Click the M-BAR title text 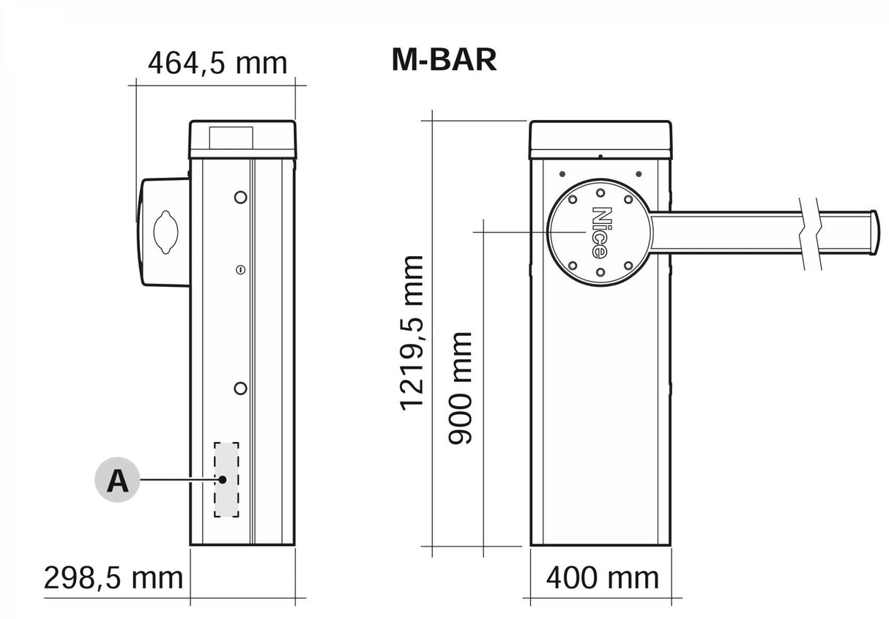click(x=444, y=60)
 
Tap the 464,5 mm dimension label click(x=217, y=63)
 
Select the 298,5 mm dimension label click(x=113, y=578)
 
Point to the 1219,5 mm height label click(x=412, y=333)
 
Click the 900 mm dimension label click(x=461, y=388)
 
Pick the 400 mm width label click(x=602, y=578)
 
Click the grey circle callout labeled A click(x=117, y=481)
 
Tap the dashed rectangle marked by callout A click(x=226, y=480)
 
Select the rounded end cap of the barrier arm click(x=873, y=233)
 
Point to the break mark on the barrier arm click(x=810, y=233)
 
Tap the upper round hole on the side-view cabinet click(x=240, y=197)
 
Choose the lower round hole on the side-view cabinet click(x=240, y=388)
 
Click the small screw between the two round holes click(x=239, y=271)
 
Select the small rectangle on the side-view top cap click(x=231, y=136)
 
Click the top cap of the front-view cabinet click(x=600, y=139)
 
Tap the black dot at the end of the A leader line click(x=223, y=480)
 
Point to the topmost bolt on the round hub click(x=600, y=192)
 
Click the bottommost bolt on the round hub click(x=600, y=273)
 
